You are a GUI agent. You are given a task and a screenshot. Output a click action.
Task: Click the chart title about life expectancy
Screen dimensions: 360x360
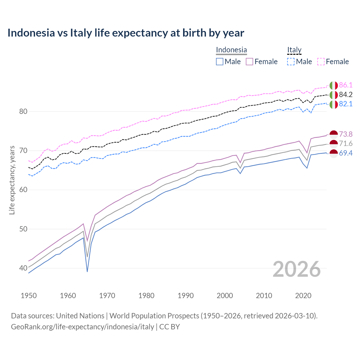pos(126,33)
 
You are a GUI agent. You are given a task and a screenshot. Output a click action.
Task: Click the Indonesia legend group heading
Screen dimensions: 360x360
pos(231,50)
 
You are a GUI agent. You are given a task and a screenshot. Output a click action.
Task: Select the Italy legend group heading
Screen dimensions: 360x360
pos(294,50)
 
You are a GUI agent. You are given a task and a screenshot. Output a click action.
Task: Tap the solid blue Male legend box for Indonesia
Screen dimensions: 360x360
pos(220,62)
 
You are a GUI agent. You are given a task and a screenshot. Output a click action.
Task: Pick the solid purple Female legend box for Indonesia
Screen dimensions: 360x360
pos(249,62)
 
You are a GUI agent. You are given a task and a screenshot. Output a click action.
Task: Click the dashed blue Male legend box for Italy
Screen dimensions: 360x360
pos(291,62)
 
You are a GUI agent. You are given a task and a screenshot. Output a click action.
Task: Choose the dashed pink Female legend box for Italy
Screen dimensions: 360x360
pos(321,62)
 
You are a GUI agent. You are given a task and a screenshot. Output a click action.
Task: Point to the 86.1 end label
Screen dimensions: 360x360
pos(346,85)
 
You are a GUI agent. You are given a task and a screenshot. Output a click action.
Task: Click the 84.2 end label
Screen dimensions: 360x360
pos(346,95)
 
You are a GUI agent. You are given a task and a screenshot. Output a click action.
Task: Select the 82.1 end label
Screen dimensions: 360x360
pos(346,104)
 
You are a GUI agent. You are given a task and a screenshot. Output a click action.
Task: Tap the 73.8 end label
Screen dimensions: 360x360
pos(346,134)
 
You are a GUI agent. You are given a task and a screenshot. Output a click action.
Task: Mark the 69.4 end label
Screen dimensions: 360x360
pos(346,153)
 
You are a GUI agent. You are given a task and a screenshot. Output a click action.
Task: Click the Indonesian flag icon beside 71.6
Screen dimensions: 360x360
pos(334,144)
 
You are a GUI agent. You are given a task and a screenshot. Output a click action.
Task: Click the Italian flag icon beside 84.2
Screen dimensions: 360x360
pos(334,95)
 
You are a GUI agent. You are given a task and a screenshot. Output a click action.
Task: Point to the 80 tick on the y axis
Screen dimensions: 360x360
pos(23,112)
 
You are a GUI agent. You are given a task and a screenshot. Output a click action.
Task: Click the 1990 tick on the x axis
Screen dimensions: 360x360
pos(186,296)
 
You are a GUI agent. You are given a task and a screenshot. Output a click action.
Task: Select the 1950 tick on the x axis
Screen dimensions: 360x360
pos(29,296)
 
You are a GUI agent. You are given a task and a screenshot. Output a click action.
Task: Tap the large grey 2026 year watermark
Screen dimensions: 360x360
pos(296,269)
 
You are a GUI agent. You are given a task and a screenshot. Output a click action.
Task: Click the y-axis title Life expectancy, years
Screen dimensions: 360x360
pos(12,180)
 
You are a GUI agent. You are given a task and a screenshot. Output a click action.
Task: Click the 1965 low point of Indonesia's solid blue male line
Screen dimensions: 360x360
pos(87,271)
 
